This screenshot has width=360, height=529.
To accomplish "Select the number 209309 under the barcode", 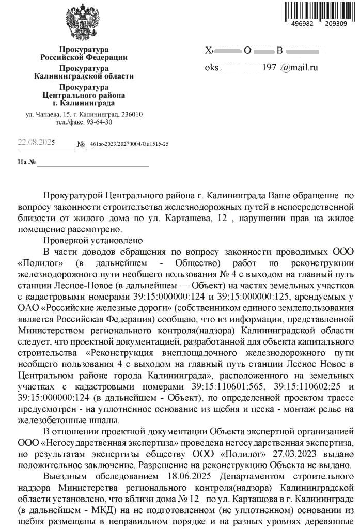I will (x=337, y=24).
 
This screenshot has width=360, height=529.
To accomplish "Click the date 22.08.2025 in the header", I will (x=36, y=143).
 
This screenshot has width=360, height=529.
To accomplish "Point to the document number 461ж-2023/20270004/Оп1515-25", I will (x=129, y=144).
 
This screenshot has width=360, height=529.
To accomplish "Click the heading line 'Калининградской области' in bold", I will (x=84, y=76).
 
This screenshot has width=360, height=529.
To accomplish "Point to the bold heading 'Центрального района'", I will (x=84, y=95).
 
